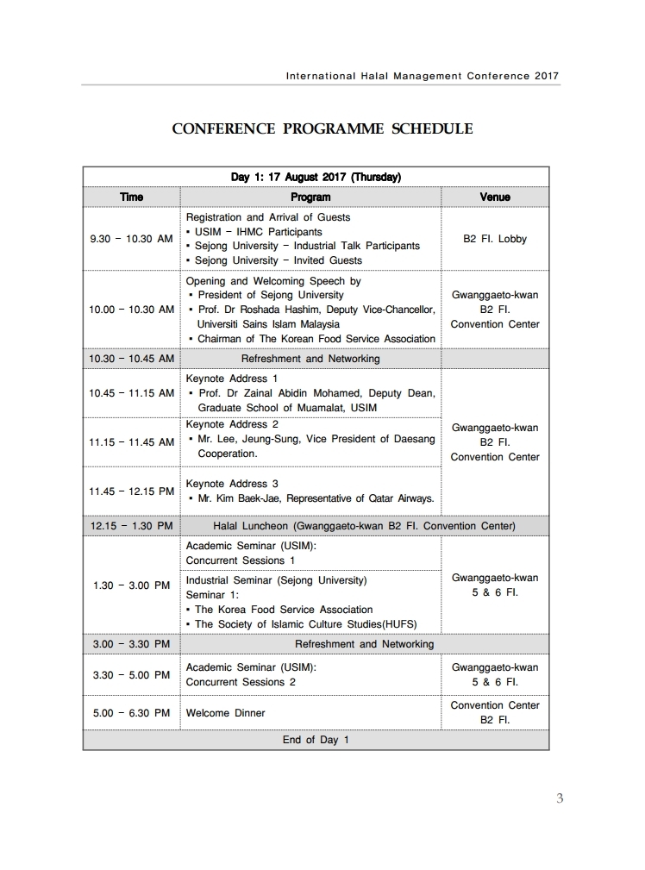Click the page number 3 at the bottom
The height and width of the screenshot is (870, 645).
[560, 798]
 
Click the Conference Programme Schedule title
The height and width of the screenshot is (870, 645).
[322, 129]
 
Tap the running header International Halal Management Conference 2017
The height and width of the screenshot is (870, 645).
[422, 75]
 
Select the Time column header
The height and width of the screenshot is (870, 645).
[131, 197]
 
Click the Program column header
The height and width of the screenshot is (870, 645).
[310, 197]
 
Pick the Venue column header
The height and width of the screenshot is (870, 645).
[494, 197]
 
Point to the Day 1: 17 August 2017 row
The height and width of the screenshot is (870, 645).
[316, 178]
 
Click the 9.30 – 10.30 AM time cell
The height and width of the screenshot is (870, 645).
[131, 239]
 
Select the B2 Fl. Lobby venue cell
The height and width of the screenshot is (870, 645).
[494, 239]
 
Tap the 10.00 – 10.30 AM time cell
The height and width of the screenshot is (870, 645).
[131, 310]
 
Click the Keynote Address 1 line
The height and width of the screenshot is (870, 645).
[232, 379]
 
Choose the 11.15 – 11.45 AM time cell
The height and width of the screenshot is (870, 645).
[131, 442]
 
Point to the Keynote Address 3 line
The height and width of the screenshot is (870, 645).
[232, 484]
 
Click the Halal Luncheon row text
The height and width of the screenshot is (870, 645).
[364, 526]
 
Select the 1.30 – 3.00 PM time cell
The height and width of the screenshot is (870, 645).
[131, 585]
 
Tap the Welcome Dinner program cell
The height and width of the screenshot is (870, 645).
[226, 713]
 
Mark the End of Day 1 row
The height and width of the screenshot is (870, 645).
[316, 740]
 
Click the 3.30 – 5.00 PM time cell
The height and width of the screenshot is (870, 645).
[131, 675]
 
